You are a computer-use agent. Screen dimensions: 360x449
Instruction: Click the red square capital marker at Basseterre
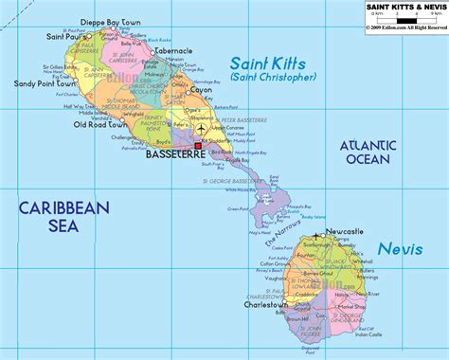point(211,145)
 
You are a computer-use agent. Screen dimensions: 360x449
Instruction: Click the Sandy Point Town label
point(42,82)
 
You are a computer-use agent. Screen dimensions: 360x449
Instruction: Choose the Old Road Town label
point(101,124)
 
